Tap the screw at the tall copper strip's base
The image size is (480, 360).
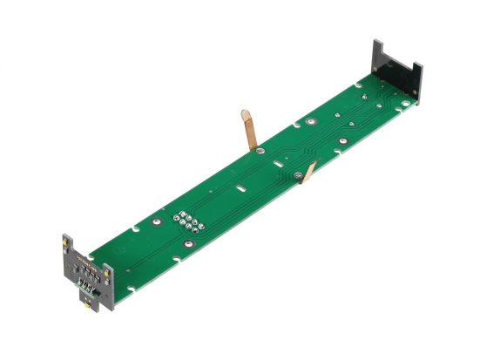click(x=259, y=149)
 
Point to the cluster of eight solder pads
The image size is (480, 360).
click(x=188, y=223)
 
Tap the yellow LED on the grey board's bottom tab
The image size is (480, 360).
click(x=85, y=307)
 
